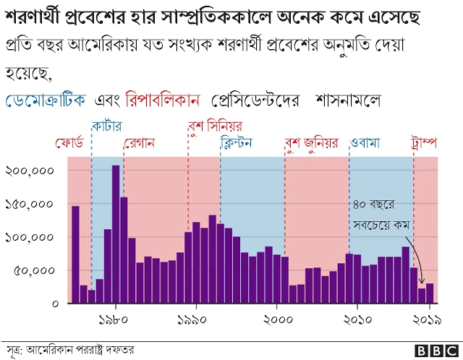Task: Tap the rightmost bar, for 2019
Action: (x=430, y=293)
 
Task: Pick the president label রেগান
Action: (x=140, y=142)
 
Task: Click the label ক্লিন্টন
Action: (x=236, y=142)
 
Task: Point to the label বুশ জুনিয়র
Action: (x=312, y=142)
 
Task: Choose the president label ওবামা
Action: (x=365, y=142)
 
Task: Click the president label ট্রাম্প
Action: (x=425, y=142)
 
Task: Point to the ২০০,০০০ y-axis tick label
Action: (x=30, y=171)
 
